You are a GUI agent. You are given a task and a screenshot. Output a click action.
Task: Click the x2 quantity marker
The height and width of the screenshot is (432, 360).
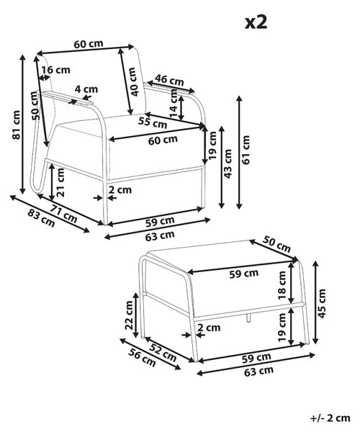tap(256, 22)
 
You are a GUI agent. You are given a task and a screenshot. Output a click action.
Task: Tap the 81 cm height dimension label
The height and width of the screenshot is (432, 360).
tap(17, 125)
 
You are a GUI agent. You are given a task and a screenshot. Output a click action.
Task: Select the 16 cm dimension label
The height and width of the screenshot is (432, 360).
tap(56, 70)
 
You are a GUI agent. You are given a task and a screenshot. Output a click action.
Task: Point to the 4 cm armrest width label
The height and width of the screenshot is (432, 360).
tap(86, 89)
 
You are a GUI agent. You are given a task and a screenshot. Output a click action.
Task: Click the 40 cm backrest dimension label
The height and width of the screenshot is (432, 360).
tap(133, 81)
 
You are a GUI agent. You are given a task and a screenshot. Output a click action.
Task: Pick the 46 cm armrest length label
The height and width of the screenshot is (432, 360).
tap(169, 80)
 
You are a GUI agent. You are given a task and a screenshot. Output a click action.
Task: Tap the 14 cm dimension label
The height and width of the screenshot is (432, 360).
tap(174, 104)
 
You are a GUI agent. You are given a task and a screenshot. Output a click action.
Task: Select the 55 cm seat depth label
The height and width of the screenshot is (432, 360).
tap(153, 122)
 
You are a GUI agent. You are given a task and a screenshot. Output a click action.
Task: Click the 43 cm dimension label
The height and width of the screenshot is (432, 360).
tap(228, 163)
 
